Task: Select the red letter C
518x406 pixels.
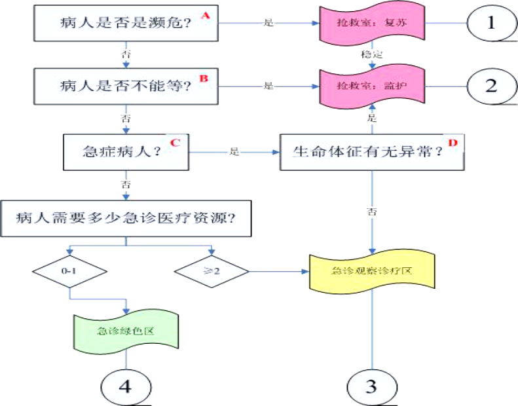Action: (174, 141)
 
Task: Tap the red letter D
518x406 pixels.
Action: (451, 141)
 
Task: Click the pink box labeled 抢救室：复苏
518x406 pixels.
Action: (371, 23)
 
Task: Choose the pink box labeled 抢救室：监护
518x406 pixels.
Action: (371, 86)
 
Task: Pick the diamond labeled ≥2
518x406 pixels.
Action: (212, 270)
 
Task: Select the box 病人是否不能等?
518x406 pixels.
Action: (125, 85)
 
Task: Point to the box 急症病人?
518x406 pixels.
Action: (125, 152)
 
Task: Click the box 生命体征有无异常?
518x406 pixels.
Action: (372, 152)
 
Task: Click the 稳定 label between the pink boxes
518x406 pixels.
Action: (371, 54)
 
